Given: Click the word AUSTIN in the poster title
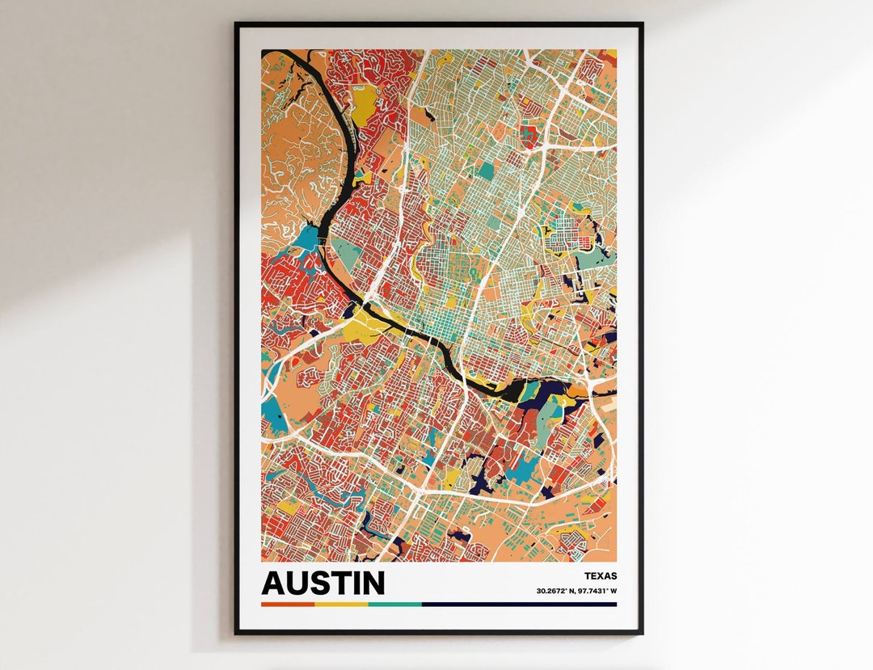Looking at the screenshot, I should pos(323,583).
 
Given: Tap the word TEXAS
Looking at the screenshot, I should pos(599,576).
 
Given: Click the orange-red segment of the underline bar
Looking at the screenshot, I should pos(288,604).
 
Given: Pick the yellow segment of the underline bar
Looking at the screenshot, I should pos(341,604).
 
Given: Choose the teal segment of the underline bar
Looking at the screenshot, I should pos(394,604).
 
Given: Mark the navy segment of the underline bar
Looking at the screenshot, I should pos(518,604).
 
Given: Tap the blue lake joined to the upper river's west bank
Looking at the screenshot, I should pos(307,238).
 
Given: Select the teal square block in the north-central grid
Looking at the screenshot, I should pos(485,171).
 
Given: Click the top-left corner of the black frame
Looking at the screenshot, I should pos(237,24).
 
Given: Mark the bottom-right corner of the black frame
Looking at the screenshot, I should pos(642,632).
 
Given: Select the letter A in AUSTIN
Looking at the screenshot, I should pos(275,583).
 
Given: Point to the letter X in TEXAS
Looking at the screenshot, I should pos(601,576).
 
